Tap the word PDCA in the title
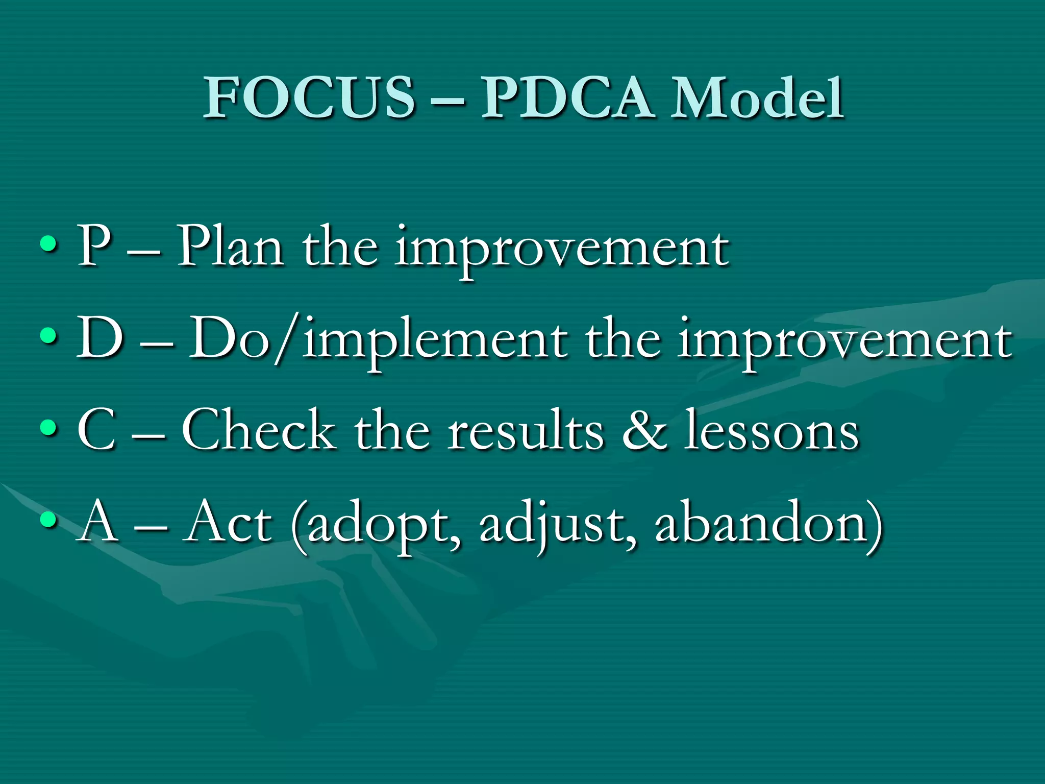[x=567, y=97]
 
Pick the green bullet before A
[x=48, y=519]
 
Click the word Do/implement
[x=378, y=339]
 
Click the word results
[x=526, y=431]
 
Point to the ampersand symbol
[x=645, y=431]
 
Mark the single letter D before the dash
[x=101, y=337]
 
